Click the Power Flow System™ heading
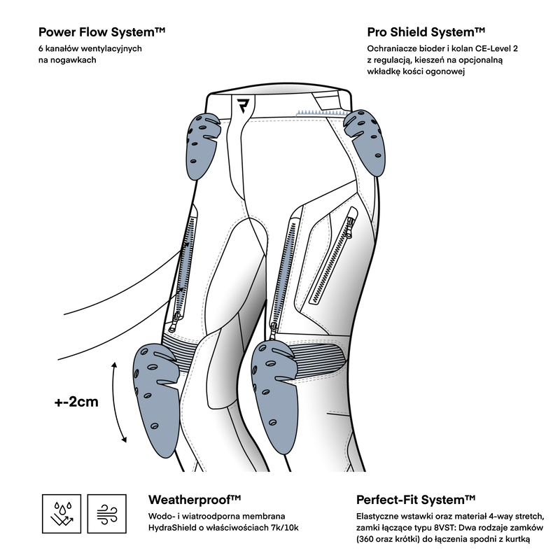(x=101, y=32)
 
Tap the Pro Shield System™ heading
(x=426, y=32)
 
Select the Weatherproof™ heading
(x=195, y=500)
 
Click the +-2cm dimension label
(x=76, y=402)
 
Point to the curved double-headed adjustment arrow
(x=118, y=402)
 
